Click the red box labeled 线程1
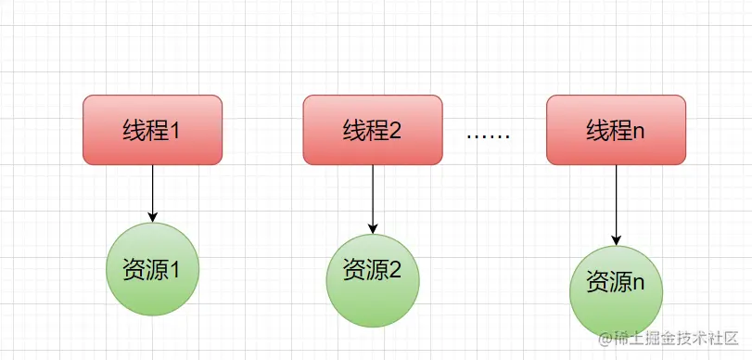coord(152,129)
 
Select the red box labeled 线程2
coord(372,129)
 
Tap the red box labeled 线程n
coord(616,129)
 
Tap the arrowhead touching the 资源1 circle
coord(152,217)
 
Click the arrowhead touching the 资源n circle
coord(617,239)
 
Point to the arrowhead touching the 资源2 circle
coord(372,227)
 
